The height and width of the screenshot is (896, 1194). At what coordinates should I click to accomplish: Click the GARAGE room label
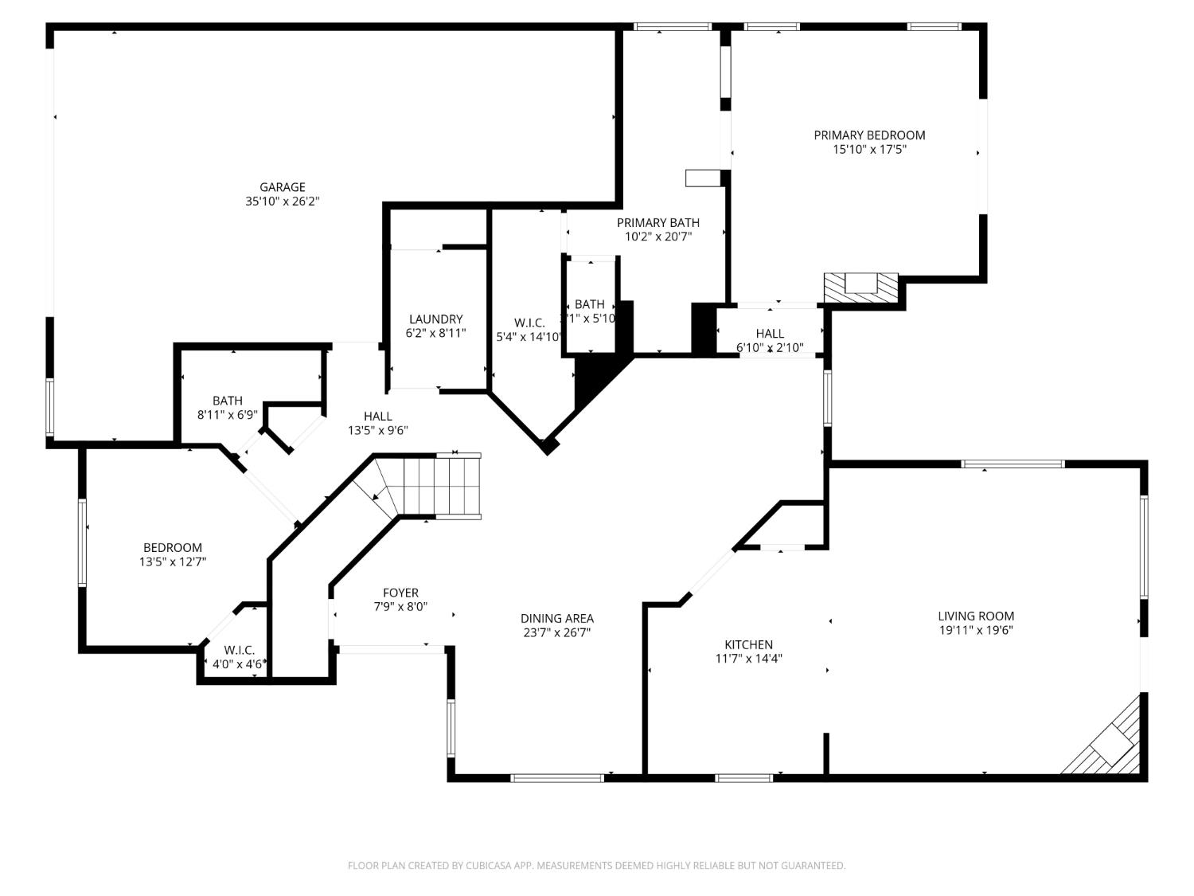(x=282, y=188)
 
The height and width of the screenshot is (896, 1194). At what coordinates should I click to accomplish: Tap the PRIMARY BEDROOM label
(x=869, y=135)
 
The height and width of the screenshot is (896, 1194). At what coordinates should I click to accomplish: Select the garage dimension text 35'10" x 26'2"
(x=282, y=202)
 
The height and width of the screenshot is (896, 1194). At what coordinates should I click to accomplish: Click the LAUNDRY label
(x=435, y=319)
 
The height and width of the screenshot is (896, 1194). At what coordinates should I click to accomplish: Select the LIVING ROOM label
(x=975, y=616)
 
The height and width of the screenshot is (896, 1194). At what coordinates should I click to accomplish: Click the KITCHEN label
(x=748, y=644)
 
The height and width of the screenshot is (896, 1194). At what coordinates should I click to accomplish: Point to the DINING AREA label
(x=556, y=618)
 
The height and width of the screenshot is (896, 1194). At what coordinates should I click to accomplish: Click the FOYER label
(x=400, y=593)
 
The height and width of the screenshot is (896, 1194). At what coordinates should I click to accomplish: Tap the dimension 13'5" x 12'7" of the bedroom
(x=173, y=561)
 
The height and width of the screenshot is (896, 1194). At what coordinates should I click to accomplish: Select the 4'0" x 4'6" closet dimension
(x=238, y=663)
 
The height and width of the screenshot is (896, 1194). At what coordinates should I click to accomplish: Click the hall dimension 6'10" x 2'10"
(x=770, y=347)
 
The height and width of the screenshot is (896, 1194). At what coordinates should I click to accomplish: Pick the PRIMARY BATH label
(x=657, y=223)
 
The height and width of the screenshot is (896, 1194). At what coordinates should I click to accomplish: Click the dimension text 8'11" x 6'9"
(x=227, y=415)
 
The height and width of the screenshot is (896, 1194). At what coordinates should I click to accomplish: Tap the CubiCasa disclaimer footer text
(x=596, y=865)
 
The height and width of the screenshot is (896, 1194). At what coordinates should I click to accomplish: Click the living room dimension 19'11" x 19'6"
(x=975, y=630)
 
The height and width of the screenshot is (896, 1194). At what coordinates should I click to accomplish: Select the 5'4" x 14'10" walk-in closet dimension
(x=529, y=337)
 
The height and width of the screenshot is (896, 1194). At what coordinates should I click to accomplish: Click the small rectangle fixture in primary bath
(x=702, y=178)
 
